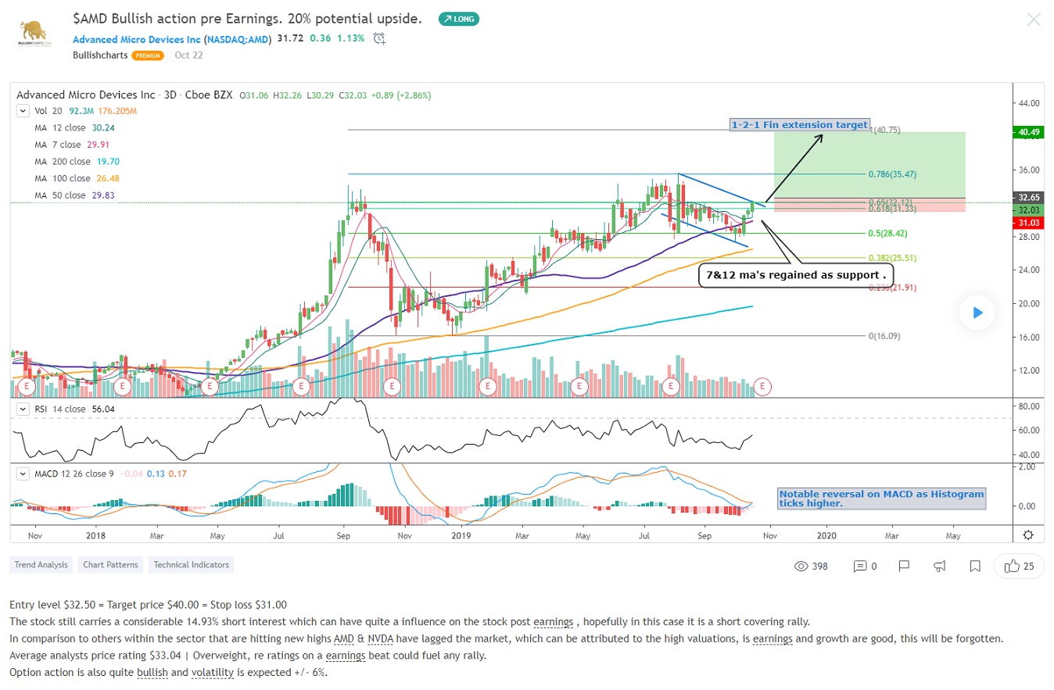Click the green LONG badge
pyautogui.click(x=459, y=19)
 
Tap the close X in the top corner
pyautogui.click(x=1034, y=20)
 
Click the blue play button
pyautogui.click(x=977, y=313)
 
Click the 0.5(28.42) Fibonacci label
pyautogui.click(x=887, y=233)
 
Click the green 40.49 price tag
pyautogui.click(x=1027, y=132)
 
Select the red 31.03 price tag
pyautogui.click(x=1027, y=223)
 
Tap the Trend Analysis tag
pyautogui.click(x=41, y=564)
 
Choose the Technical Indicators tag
pyautogui.click(x=191, y=564)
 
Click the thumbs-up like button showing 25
pyautogui.click(x=1019, y=566)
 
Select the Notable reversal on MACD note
pyautogui.click(x=881, y=499)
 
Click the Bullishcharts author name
pyautogui.click(x=100, y=55)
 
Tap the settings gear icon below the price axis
pyautogui.click(x=1028, y=535)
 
